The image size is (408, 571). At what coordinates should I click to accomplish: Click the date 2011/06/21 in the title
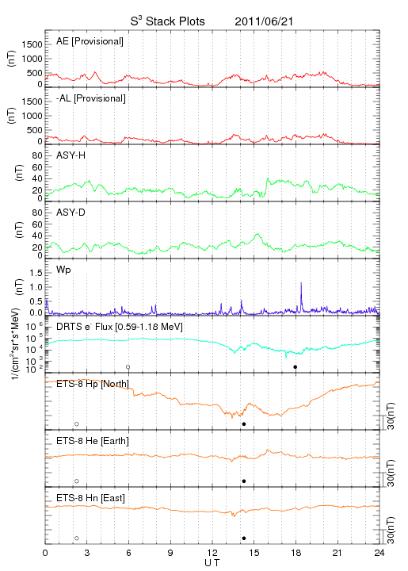click(264, 21)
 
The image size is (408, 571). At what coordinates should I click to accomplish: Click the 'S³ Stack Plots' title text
click(168, 21)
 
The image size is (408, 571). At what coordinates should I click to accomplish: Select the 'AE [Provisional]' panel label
click(90, 41)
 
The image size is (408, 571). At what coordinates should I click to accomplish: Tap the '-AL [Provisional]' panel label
click(91, 98)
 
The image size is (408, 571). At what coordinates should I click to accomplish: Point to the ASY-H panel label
click(71, 155)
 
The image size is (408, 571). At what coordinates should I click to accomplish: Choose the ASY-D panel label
click(71, 213)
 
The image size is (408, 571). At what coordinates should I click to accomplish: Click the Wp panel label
click(63, 270)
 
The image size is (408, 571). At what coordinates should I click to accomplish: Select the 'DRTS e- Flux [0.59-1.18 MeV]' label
click(120, 327)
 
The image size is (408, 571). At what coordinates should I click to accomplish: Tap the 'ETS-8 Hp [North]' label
click(93, 384)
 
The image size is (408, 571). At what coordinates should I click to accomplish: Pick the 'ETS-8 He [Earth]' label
click(93, 441)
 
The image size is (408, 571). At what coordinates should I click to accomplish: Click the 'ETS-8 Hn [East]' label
click(90, 498)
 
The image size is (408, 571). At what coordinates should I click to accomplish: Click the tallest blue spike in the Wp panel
click(301, 297)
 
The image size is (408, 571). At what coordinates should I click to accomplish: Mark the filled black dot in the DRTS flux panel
click(296, 366)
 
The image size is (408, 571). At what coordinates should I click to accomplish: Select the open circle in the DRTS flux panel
click(128, 366)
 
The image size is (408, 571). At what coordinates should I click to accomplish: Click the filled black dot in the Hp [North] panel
click(244, 423)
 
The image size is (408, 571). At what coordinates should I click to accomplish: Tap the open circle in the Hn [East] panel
click(77, 538)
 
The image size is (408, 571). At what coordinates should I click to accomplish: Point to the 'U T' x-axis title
click(212, 563)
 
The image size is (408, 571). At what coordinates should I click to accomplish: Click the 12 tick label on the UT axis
click(212, 553)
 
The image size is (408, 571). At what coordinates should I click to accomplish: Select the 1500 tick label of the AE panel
click(32, 44)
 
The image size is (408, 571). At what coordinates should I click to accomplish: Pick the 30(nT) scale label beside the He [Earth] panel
click(391, 473)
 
